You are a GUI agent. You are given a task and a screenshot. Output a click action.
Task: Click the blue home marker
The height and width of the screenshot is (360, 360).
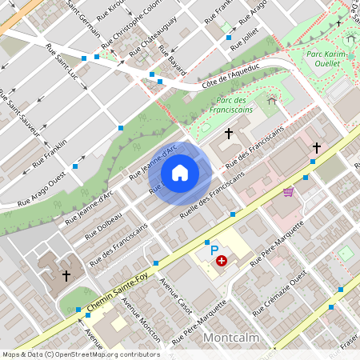(x=180, y=173)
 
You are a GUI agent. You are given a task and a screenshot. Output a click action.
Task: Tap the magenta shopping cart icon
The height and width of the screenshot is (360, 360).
(x=288, y=192)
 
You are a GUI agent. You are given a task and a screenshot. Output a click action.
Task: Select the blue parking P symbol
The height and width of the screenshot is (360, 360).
(x=214, y=250)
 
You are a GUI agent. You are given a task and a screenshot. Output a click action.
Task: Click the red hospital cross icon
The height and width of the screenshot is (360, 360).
(x=222, y=261)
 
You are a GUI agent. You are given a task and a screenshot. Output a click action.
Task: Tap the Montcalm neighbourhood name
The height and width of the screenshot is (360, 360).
(x=231, y=338)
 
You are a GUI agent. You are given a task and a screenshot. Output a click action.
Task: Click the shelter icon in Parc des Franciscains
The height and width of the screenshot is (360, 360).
(x=271, y=100)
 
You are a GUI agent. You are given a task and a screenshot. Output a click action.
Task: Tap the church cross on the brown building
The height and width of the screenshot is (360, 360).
(x=66, y=275)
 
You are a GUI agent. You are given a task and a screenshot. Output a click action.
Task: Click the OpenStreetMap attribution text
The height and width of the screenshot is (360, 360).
(x=80, y=354)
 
